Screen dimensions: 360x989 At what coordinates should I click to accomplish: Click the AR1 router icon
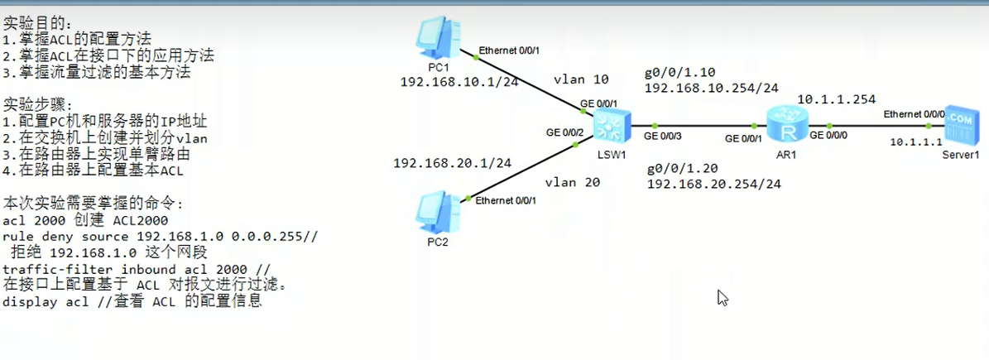[x=782, y=126]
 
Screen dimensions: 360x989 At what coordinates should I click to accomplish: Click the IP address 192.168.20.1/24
[x=453, y=163]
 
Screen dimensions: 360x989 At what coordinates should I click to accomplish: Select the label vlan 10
[x=581, y=79]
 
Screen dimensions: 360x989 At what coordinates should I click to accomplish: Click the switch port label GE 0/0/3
[x=661, y=136]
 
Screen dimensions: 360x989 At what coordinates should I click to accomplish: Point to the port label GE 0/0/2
[x=564, y=132]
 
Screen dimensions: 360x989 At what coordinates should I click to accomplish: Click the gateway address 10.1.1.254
[x=836, y=99]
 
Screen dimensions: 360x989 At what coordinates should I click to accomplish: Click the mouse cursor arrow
[x=722, y=297]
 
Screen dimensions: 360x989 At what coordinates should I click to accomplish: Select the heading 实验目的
[x=38, y=22]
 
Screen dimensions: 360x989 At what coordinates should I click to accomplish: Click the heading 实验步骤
[x=38, y=105]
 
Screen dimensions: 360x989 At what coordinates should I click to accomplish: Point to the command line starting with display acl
[x=132, y=301]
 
